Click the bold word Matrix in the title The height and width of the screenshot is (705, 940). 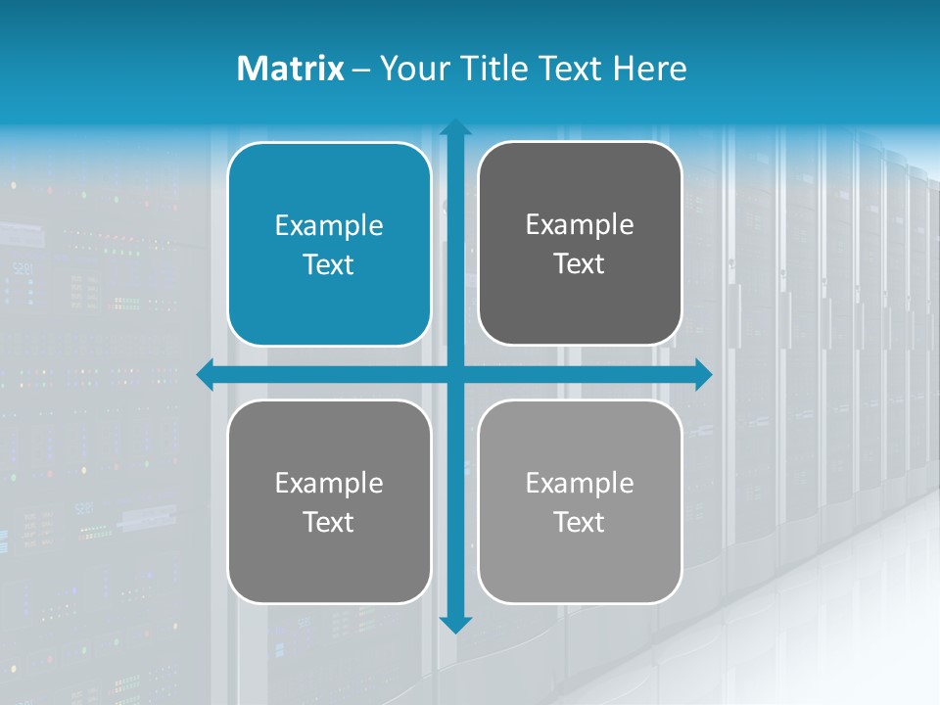point(290,69)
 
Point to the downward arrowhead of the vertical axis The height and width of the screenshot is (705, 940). point(454,624)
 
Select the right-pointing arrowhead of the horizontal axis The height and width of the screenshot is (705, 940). point(702,374)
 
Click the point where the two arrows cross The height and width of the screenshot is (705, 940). point(454,374)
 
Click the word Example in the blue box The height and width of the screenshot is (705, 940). point(329,226)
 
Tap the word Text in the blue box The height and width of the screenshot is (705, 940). point(329,265)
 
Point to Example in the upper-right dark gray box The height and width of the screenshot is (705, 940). point(580,225)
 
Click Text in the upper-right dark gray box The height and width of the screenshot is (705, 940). point(580,264)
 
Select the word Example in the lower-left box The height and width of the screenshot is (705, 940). point(329,484)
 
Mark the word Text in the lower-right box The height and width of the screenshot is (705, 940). point(580,523)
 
